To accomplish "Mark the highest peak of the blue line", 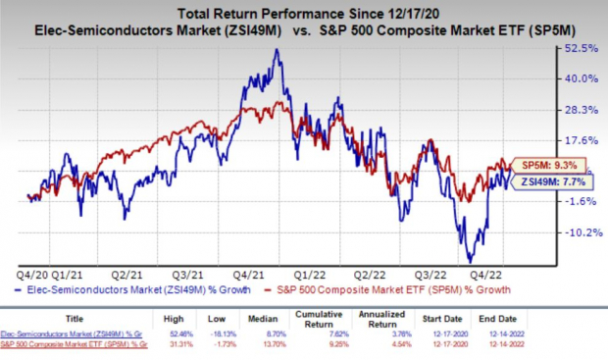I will coord(280,50).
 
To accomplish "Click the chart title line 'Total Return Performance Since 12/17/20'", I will coord(303,11).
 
